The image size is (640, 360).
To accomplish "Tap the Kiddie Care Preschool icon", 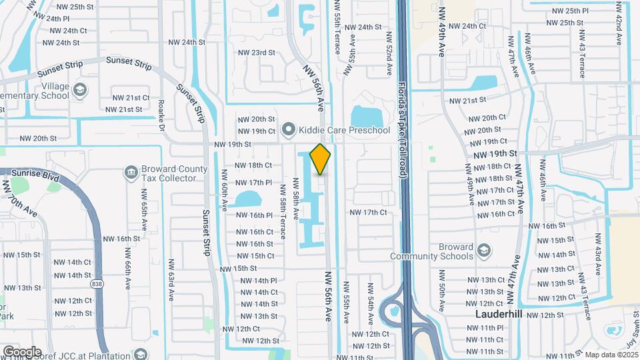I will [x=288, y=129].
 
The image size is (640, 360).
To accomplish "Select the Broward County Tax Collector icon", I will [x=131, y=173].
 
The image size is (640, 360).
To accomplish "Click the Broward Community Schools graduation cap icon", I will [x=485, y=251].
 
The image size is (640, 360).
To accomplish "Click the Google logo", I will [x=22, y=351].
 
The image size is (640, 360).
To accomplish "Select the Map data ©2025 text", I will [x=611, y=355].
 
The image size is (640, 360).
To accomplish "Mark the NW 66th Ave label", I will [x=126, y=267].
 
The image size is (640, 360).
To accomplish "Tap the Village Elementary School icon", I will [x=80, y=89].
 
